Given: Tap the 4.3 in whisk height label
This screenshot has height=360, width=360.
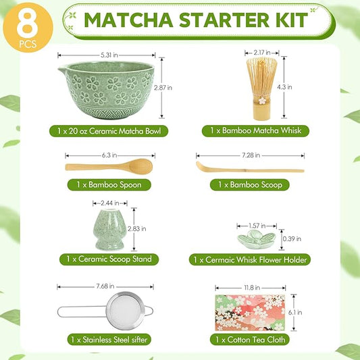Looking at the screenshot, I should [x=288, y=87].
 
